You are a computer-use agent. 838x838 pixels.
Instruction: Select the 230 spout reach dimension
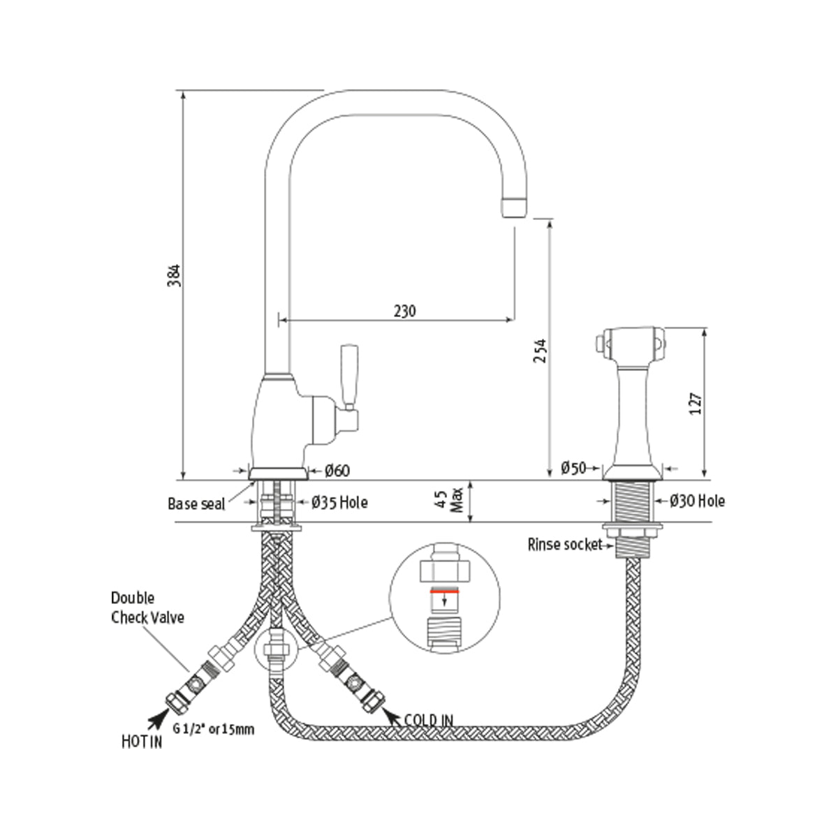click(x=404, y=311)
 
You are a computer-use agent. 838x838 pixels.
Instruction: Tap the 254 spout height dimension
click(x=538, y=351)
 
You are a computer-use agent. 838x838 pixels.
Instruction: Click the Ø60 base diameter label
click(x=337, y=471)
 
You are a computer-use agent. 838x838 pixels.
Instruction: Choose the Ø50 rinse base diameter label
click(x=573, y=469)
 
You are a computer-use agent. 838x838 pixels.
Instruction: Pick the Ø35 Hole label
click(x=339, y=502)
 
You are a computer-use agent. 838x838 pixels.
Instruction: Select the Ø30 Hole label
click(x=697, y=501)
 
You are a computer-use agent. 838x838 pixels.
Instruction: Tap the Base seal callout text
click(x=196, y=503)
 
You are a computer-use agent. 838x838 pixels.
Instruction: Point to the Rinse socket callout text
click(x=564, y=544)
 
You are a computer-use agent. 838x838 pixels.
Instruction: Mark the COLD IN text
click(x=429, y=720)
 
